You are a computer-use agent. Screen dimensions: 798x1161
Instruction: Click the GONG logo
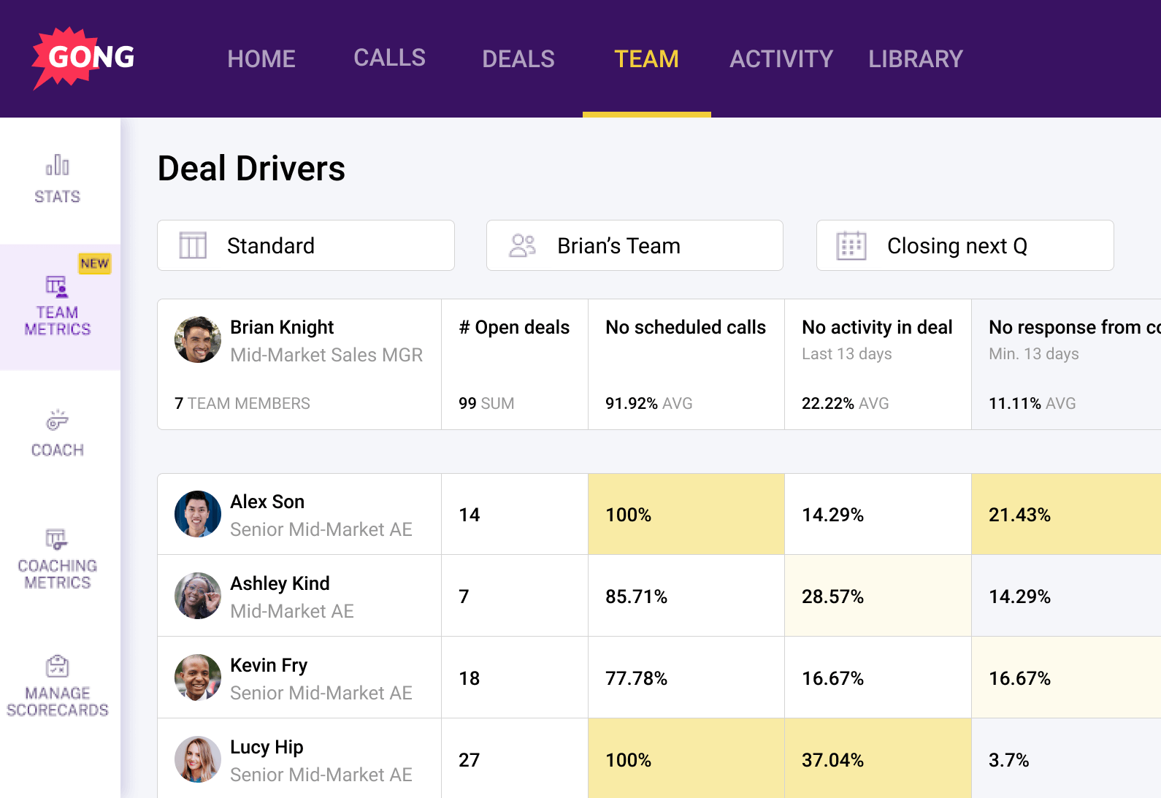84,58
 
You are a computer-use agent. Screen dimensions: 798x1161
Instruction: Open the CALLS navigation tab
389,58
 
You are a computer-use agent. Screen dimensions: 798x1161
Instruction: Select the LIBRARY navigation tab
915,58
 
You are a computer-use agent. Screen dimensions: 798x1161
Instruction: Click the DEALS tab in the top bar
518,58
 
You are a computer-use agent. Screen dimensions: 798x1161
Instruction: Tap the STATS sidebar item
57,179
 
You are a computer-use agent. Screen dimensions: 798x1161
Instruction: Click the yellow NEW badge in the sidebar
95,264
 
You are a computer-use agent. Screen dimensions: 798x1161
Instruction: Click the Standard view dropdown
305,245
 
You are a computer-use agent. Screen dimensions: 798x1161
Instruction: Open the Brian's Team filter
634,245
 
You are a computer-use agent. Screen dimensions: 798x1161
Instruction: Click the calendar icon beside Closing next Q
851,245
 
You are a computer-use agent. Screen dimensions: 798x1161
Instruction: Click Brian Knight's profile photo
197,339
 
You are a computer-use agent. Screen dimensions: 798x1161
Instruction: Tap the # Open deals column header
514,327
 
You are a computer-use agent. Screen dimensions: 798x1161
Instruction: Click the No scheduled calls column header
685,327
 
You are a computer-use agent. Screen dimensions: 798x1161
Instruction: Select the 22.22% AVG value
845,403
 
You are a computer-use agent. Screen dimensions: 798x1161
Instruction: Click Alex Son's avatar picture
197,514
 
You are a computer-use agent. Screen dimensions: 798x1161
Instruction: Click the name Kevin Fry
269,665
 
